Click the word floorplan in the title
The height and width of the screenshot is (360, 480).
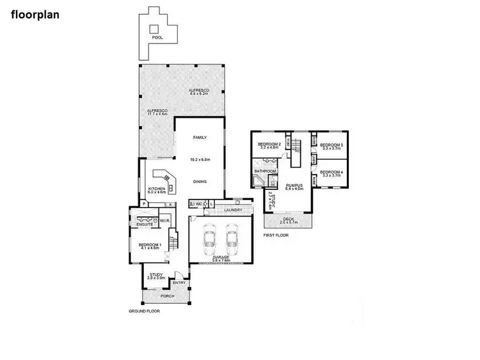point(35,13)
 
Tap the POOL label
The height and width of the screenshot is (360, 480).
point(157,38)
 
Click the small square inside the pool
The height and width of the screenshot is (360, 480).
point(153,27)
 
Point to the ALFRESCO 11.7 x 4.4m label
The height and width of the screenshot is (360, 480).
point(157,113)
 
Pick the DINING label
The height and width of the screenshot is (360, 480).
point(200,182)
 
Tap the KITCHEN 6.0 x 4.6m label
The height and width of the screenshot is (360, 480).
point(157,190)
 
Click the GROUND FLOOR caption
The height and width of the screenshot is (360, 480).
point(144,311)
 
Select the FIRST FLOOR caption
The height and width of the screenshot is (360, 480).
point(276,235)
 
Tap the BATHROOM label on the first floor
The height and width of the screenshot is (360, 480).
point(265,171)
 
